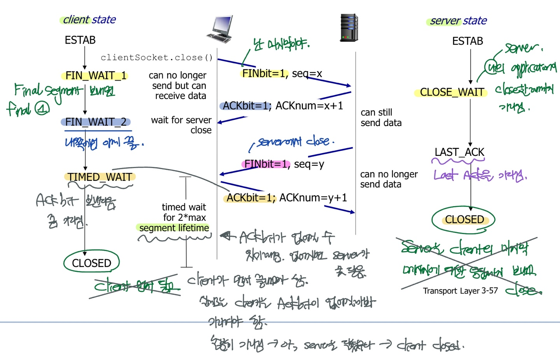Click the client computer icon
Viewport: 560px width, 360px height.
click(x=220, y=29)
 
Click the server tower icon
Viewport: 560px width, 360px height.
click(x=349, y=28)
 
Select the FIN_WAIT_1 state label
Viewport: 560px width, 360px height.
click(x=95, y=75)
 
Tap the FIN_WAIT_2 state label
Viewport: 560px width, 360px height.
click(x=96, y=122)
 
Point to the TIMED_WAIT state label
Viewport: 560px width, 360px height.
click(x=100, y=177)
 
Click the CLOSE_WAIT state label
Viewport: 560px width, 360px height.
click(x=451, y=92)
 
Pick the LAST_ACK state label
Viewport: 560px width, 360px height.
click(x=459, y=152)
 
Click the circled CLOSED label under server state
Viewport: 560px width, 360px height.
click(x=464, y=220)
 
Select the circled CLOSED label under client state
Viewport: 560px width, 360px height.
click(x=91, y=263)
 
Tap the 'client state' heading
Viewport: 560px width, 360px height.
click(x=89, y=19)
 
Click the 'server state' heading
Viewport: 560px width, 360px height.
click(x=458, y=21)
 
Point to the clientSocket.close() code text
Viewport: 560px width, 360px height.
click(x=156, y=58)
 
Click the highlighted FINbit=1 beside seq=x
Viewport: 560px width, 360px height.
click(x=264, y=73)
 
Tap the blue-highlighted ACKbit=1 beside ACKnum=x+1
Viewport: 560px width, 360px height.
click(x=246, y=106)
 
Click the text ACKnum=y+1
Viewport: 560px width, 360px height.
click(x=313, y=198)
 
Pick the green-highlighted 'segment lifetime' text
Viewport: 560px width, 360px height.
click(x=174, y=228)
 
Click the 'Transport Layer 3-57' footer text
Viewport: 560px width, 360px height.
click(x=460, y=291)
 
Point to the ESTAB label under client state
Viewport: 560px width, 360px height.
click(x=80, y=40)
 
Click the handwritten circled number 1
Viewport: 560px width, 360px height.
click(x=42, y=108)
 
